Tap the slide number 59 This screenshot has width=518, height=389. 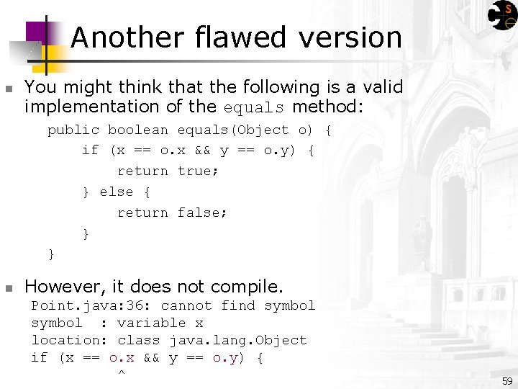(507, 381)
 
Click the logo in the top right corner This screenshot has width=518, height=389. (501, 15)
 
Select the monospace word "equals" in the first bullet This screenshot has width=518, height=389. (253, 108)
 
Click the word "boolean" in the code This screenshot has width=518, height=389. (138, 130)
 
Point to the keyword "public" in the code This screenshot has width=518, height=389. (73, 130)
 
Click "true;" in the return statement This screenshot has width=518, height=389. (198, 171)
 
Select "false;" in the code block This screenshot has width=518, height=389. (202, 213)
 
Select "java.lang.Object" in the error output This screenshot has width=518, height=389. (238, 340)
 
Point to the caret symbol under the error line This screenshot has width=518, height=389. (121, 373)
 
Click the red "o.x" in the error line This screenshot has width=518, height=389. (122, 357)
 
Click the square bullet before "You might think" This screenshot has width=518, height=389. (8, 89)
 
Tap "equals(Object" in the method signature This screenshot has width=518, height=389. (233, 130)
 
